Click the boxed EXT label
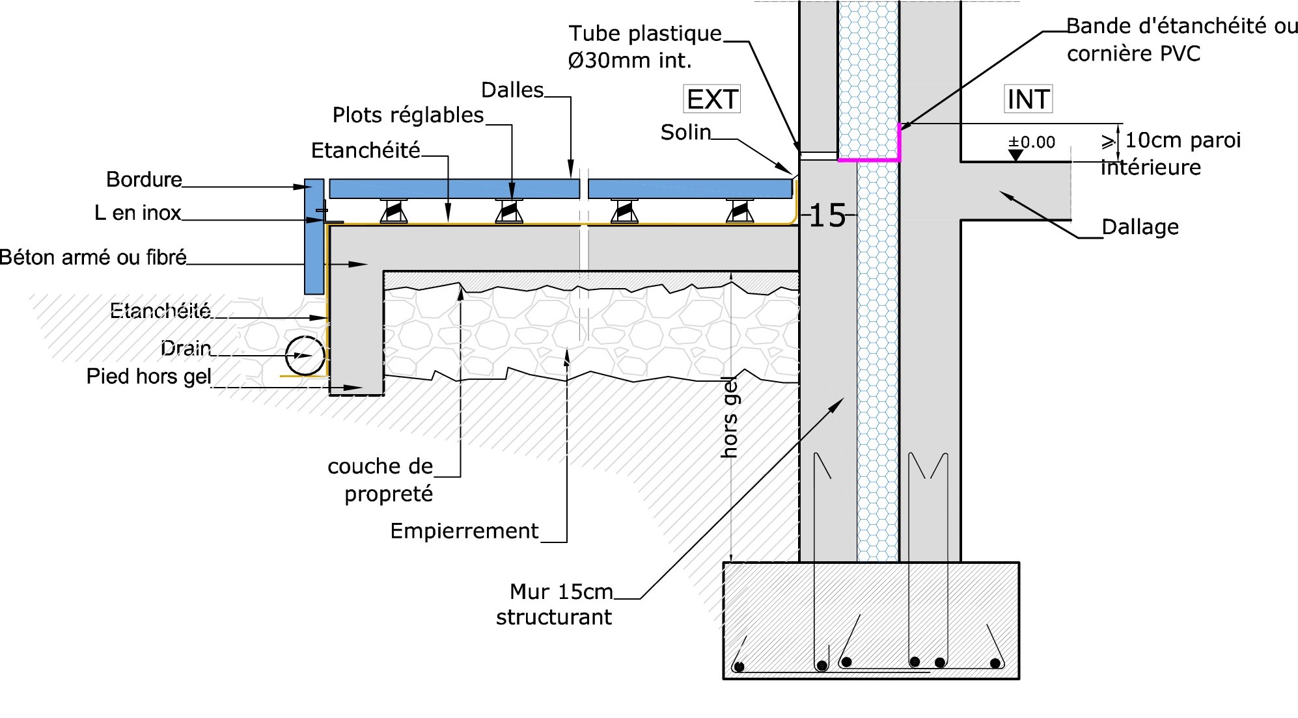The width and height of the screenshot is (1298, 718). [x=712, y=100]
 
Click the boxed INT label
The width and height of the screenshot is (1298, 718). [x=1028, y=100]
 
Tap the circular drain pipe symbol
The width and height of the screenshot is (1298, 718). [x=305, y=355]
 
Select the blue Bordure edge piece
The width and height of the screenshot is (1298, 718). [x=314, y=237]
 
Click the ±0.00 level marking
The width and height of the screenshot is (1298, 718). [x=1032, y=142]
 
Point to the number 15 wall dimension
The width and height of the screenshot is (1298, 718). [x=827, y=215]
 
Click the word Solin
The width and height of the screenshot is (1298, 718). [x=685, y=133]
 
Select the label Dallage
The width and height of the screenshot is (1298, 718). [x=1140, y=227]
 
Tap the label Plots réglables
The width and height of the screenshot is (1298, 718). [x=408, y=115]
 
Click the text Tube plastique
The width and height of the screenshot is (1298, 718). [x=645, y=34]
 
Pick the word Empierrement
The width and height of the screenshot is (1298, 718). [x=464, y=531]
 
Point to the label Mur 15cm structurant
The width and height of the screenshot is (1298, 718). [x=555, y=604]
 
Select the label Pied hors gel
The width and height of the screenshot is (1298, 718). [x=149, y=377]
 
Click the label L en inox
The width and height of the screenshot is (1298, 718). [x=138, y=213]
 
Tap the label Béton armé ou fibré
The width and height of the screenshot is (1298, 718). [x=93, y=258]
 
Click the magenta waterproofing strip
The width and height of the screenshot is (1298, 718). [x=870, y=158]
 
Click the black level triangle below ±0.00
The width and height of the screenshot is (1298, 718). [x=1015, y=155]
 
